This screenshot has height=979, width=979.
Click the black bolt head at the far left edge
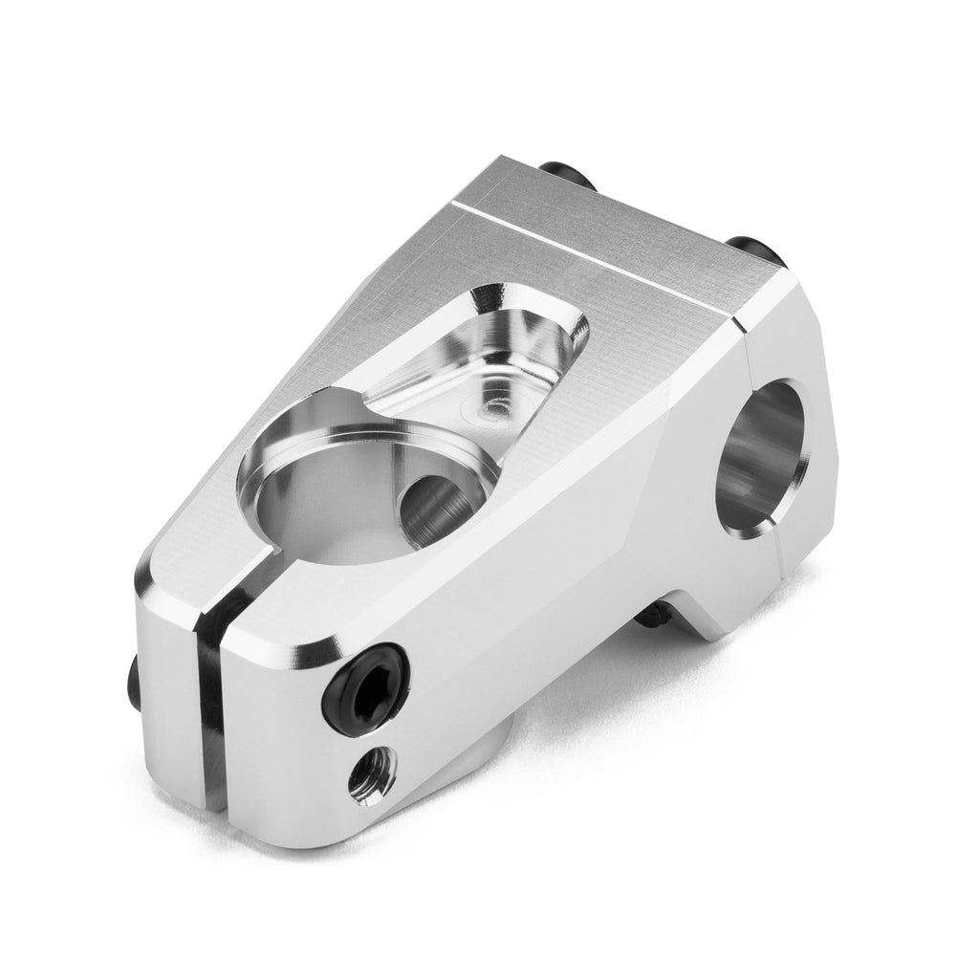pos(134,678)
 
